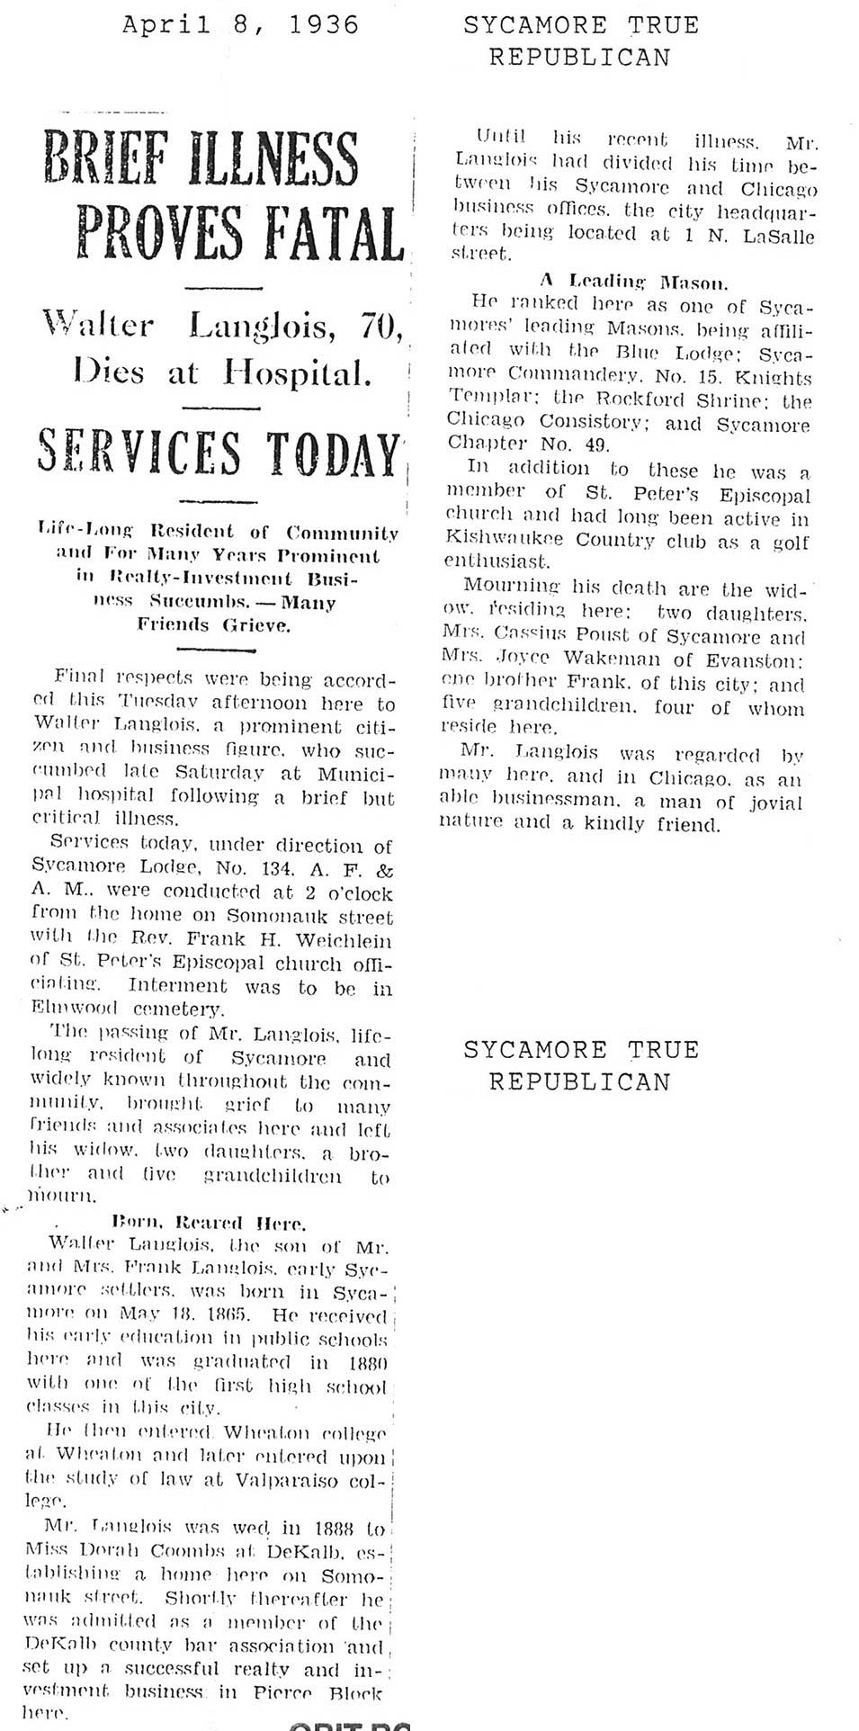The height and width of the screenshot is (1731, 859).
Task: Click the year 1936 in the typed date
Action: tap(324, 24)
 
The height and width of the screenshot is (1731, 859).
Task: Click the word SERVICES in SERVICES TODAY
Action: tap(139, 453)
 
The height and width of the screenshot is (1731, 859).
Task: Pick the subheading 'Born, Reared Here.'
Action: tap(210, 1223)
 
